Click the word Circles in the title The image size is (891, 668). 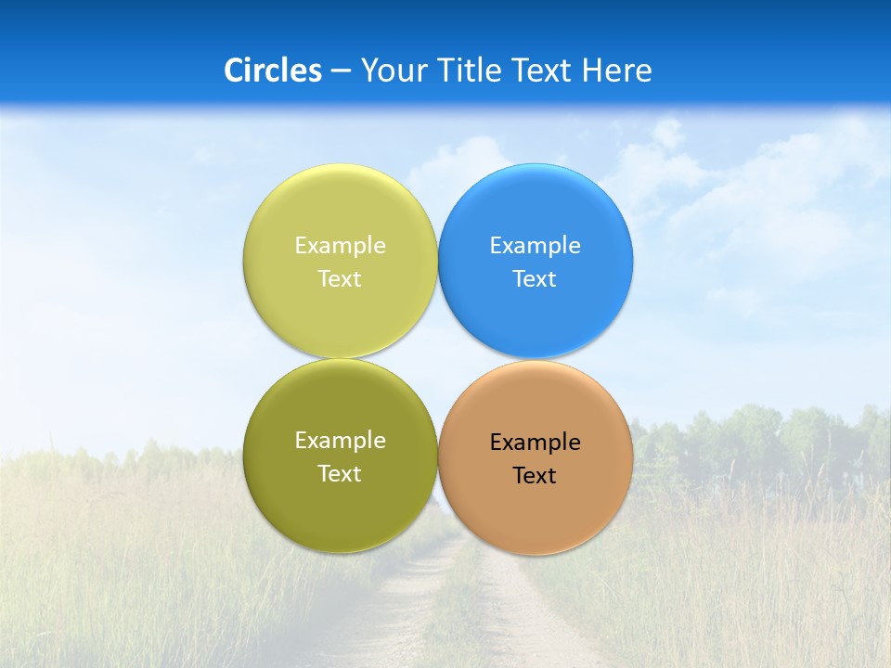click(273, 71)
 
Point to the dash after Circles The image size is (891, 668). click(341, 71)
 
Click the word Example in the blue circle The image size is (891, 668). click(536, 246)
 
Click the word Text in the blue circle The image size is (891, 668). click(535, 279)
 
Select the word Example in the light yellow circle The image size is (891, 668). click(340, 246)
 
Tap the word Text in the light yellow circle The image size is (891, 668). click(340, 279)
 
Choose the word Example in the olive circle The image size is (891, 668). click(340, 441)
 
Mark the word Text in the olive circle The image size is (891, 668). click(340, 474)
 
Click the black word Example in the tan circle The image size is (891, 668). click(536, 443)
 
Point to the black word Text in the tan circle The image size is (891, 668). click(535, 476)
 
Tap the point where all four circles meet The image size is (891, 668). click(438, 358)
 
